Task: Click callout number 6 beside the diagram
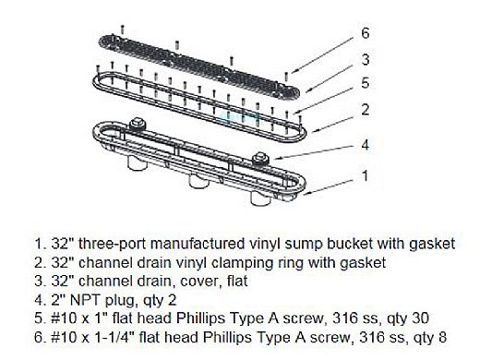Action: tap(366, 33)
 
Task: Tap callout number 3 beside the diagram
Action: tap(366, 59)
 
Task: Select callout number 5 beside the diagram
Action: tap(366, 83)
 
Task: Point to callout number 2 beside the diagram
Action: tap(366, 110)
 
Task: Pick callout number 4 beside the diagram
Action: tap(366, 145)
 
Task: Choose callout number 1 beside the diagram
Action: tap(366, 176)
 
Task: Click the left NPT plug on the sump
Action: tap(138, 124)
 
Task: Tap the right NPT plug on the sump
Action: tap(260, 158)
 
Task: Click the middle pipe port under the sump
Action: tap(198, 182)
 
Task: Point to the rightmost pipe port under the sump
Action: tap(260, 198)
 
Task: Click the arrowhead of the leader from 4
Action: tap(275, 159)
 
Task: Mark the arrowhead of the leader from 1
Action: tap(305, 194)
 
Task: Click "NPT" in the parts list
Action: tap(86, 300)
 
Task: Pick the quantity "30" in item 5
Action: tap(420, 318)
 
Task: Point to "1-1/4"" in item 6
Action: tap(115, 337)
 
